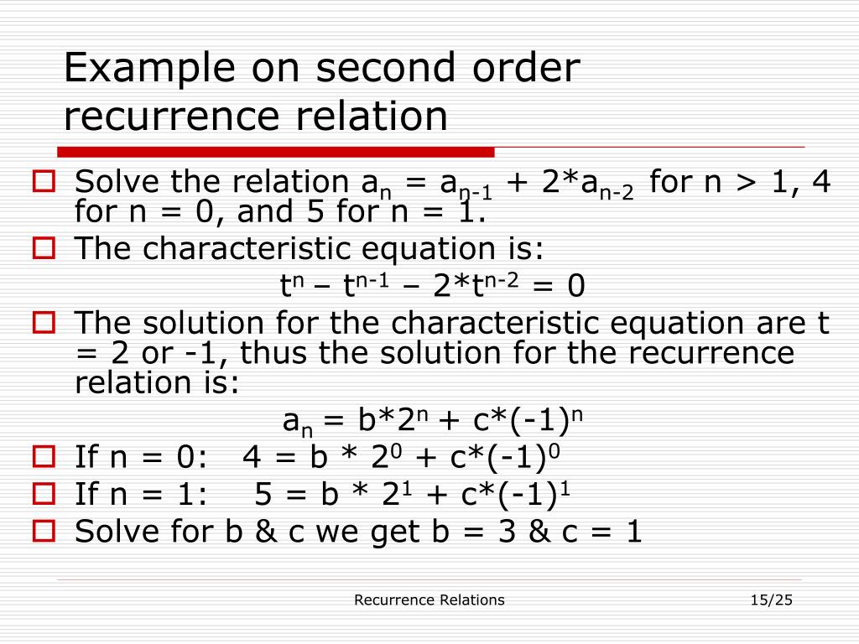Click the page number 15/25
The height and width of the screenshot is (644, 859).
click(x=772, y=600)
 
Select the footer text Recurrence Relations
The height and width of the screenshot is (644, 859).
click(x=429, y=600)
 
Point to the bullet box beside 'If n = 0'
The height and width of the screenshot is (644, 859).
click(x=44, y=457)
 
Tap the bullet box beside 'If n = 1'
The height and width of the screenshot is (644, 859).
click(x=44, y=494)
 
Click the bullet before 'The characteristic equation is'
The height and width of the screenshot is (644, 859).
click(x=44, y=248)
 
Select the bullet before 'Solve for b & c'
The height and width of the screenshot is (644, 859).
click(x=44, y=531)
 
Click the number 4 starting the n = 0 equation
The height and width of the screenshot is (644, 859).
click(x=251, y=458)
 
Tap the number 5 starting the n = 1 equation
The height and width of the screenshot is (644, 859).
click(x=263, y=495)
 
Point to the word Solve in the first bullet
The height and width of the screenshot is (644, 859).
click(x=116, y=182)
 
